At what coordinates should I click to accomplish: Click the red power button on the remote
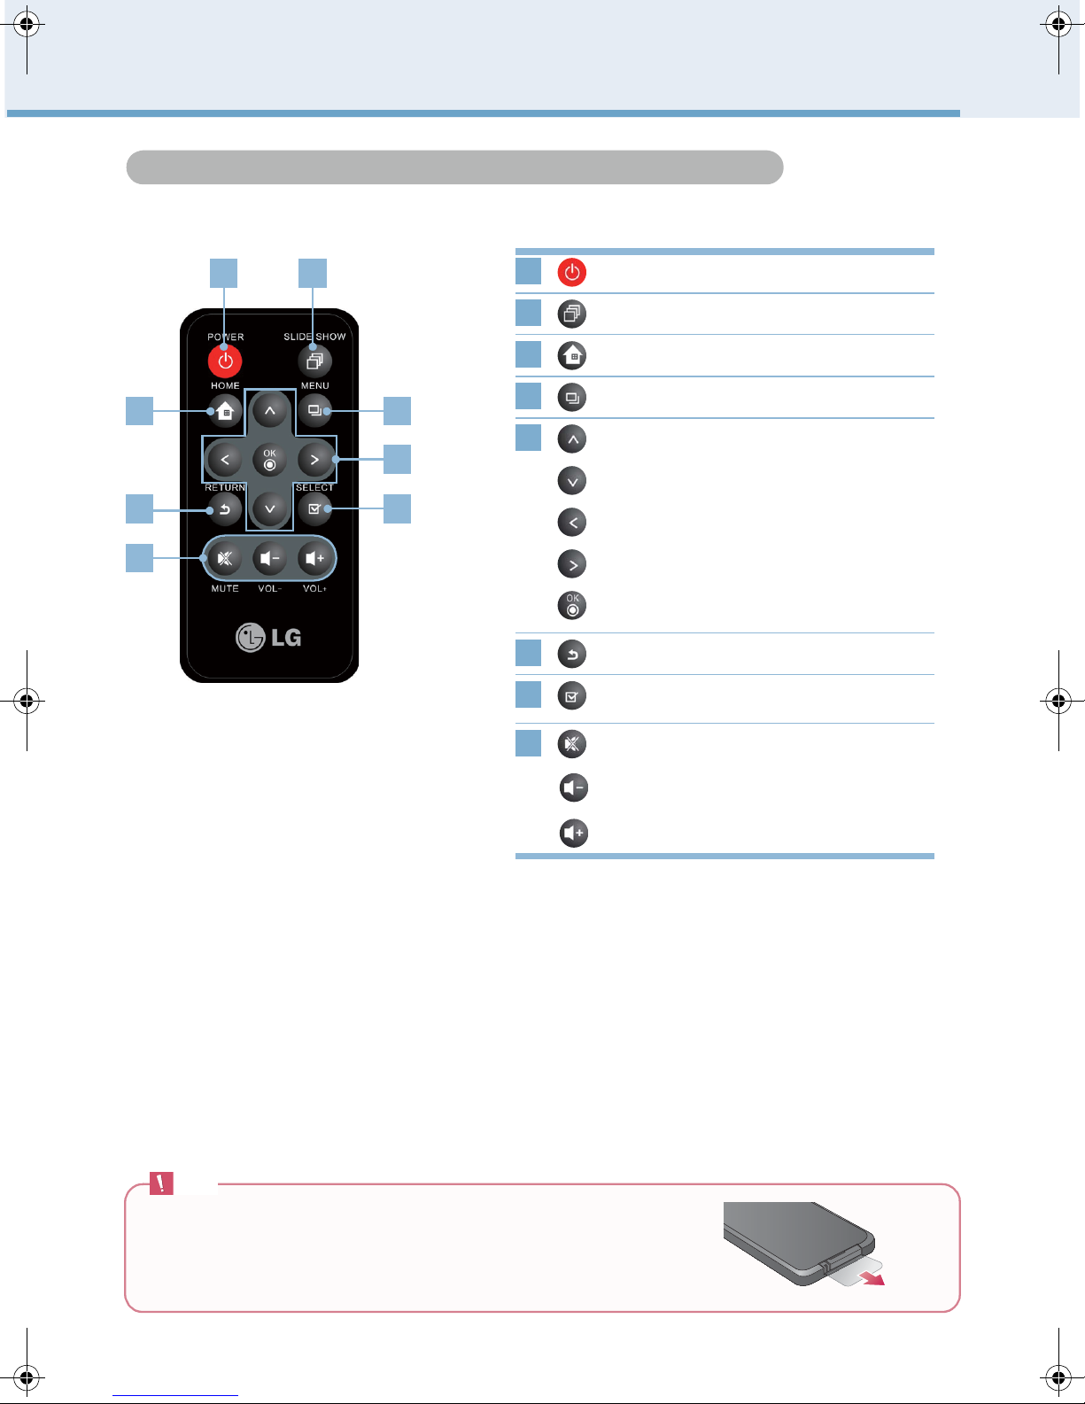tap(225, 361)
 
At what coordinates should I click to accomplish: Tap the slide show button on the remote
tap(314, 361)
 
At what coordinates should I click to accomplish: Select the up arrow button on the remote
tap(270, 410)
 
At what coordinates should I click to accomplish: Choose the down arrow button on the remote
tap(270, 508)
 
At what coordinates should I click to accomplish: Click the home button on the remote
tap(225, 410)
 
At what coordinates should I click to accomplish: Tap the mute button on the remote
tap(225, 558)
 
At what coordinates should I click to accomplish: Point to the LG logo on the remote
tap(268, 638)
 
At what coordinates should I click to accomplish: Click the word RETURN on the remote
tap(225, 487)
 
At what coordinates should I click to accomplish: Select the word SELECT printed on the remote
tap(314, 487)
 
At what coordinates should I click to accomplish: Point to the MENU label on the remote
tap(315, 385)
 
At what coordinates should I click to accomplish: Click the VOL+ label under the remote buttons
tap(314, 588)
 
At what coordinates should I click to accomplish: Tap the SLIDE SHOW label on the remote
tap(314, 337)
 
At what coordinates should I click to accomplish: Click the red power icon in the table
tap(571, 272)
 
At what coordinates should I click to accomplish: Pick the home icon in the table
tap(571, 355)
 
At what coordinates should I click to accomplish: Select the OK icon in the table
tap(571, 605)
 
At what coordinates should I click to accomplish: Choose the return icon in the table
tap(571, 654)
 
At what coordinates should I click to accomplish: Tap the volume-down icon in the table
tap(574, 787)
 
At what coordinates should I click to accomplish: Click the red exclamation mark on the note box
tap(161, 1183)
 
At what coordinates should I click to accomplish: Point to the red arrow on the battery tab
tap(874, 1278)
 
